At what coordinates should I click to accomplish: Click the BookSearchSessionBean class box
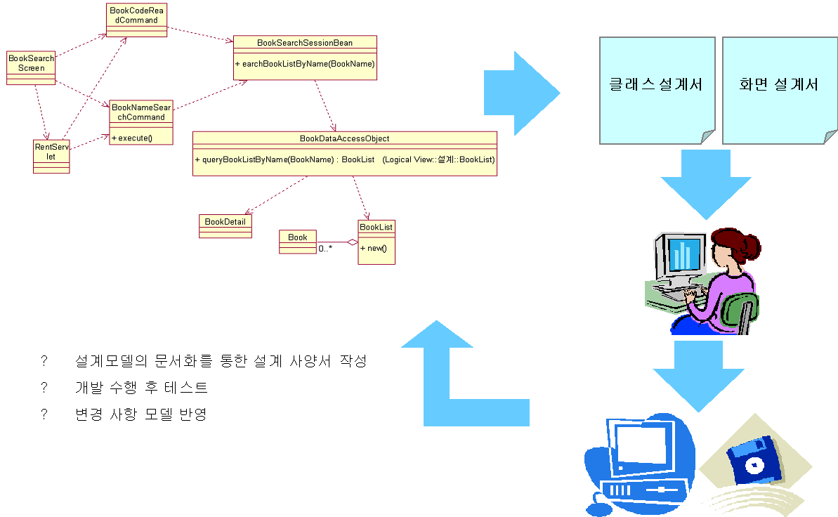pos(305,56)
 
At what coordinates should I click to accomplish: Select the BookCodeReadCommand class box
pos(138,20)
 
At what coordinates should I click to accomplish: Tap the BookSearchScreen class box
pos(31,67)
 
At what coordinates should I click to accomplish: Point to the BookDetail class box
pos(225,225)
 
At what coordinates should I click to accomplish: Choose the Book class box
pos(298,242)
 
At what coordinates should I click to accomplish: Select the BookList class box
pos(377,242)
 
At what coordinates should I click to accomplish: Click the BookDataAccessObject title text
pos(344,138)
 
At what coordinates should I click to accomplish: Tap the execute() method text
pos(132,138)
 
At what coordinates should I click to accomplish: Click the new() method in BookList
pos(374,249)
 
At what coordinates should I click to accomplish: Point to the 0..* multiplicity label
pos(325,249)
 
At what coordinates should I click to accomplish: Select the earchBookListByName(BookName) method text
pos(305,64)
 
